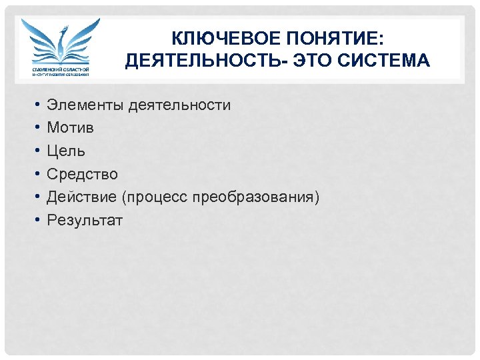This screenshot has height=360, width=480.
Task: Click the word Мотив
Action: tap(70, 128)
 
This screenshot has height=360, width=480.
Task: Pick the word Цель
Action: tap(65, 151)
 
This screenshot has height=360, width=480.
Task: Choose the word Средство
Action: tap(82, 175)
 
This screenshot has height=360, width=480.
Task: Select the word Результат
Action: tap(85, 221)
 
